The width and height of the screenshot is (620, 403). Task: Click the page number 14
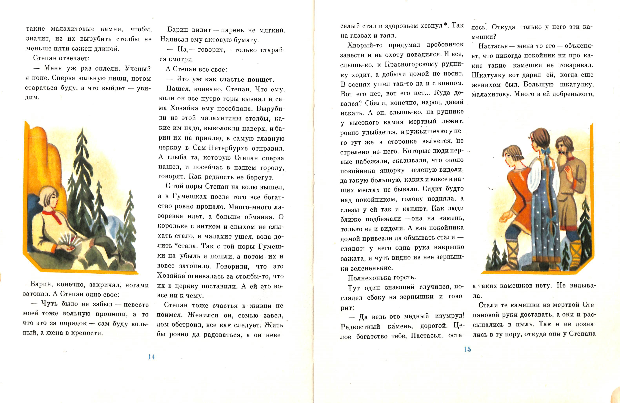151,357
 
